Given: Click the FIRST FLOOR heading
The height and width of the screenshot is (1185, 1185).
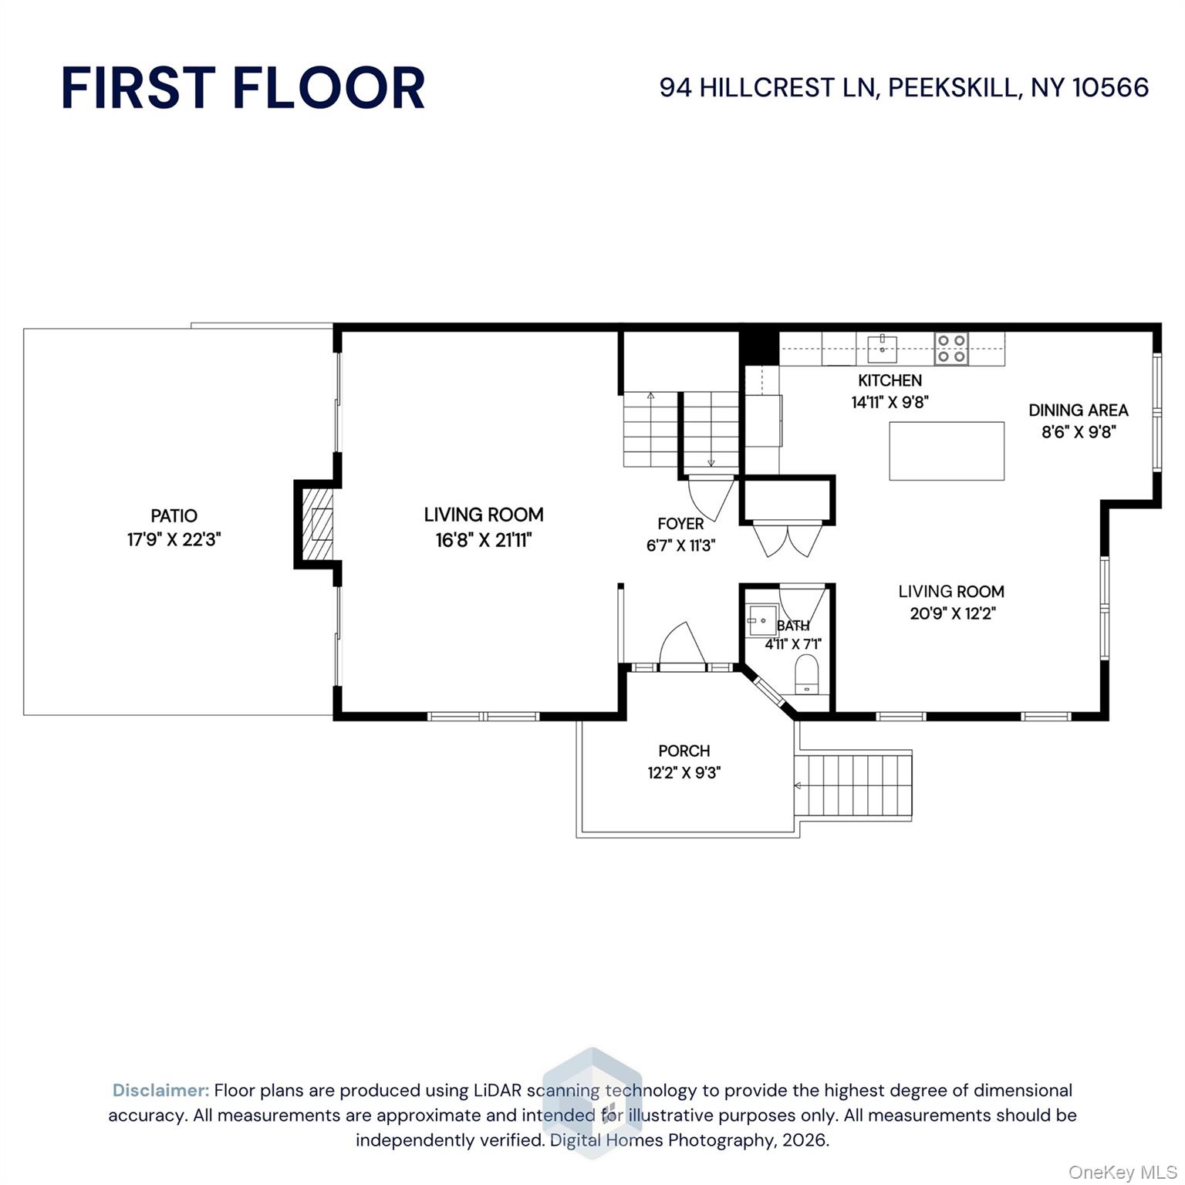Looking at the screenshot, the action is (x=243, y=88).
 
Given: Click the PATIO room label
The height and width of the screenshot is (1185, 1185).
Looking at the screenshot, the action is (x=174, y=515).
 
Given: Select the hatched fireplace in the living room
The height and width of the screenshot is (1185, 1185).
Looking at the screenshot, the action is (x=317, y=525).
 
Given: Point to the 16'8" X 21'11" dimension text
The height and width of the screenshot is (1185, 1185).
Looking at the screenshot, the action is (x=484, y=539).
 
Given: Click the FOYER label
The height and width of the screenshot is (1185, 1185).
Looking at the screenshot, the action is (x=680, y=524).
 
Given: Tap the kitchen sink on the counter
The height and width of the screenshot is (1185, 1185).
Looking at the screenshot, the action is (x=882, y=348).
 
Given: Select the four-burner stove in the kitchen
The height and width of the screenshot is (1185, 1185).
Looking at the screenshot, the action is (x=951, y=349).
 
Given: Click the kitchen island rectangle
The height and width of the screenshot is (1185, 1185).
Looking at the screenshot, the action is (x=947, y=451).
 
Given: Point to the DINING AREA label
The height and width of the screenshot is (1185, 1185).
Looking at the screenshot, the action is (x=1079, y=410).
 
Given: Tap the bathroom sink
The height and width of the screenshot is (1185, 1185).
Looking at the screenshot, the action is (x=762, y=620).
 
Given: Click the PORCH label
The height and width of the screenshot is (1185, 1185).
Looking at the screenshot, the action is (x=684, y=751).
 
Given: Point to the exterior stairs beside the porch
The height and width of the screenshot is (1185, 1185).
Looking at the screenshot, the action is (x=853, y=786).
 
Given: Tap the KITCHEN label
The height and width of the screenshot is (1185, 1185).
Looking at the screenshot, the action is (x=890, y=380).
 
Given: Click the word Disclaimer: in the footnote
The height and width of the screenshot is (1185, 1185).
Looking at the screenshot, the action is (x=160, y=1090).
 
